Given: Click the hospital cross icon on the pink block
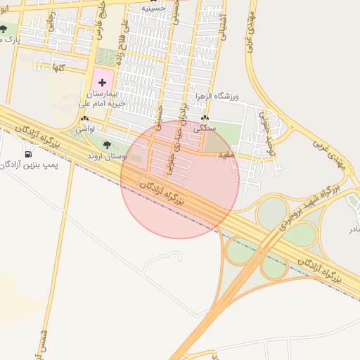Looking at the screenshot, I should [x=102, y=82].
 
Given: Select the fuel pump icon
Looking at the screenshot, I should [x=28, y=154].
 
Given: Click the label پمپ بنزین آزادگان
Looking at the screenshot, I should [x=29, y=165].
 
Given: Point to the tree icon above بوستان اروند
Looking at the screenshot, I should [x=106, y=145].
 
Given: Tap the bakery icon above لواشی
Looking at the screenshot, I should [x=86, y=120].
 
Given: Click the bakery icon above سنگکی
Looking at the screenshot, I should [x=205, y=119].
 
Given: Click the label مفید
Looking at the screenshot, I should [x=226, y=153].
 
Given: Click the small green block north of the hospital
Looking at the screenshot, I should [x=106, y=56].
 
